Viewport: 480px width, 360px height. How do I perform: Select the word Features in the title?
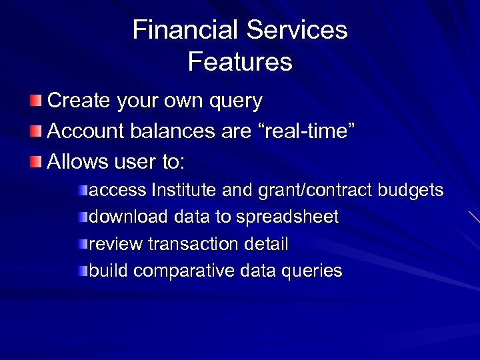[240, 62]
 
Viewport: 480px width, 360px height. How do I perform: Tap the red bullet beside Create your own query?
[35, 101]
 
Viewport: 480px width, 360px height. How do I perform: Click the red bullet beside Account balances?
[35, 131]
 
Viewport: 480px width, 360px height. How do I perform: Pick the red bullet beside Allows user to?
[35, 161]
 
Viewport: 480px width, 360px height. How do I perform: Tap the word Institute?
[185, 191]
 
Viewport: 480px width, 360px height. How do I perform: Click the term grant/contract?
[313, 191]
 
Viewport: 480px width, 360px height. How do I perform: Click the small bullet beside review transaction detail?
[82, 244]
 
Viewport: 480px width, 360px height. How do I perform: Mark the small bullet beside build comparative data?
[82, 271]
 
